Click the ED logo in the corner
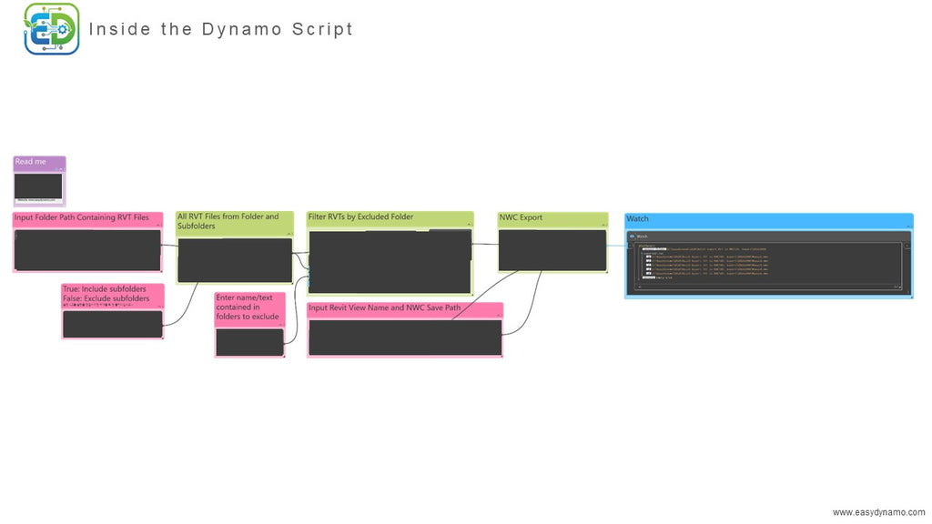click(51, 28)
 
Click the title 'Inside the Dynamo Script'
click(221, 29)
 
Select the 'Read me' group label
click(31, 162)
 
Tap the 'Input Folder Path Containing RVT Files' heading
click(82, 218)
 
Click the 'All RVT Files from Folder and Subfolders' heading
click(228, 221)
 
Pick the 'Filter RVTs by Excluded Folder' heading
click(360, 217)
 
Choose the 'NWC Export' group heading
click(521, 218)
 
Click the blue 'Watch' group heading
click(638, 219)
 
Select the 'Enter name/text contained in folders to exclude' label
click(248, 307)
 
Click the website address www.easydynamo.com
click(878, 512)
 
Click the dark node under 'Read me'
click(38, 186)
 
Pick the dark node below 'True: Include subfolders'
click(112, 324)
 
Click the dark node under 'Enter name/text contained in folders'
click(249, 342)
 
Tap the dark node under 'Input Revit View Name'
click(405, 338)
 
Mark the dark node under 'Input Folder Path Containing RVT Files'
click(87, 249)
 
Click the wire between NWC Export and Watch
click(616, 245)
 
